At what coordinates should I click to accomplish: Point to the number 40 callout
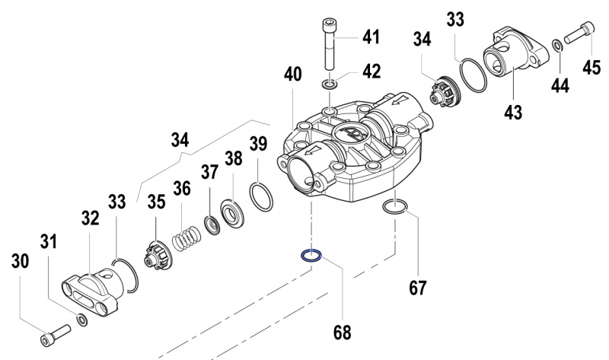[293, 75]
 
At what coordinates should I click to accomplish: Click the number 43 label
[512, 112]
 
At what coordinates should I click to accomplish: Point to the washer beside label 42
[329, 83]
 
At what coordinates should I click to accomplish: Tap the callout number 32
[90, 219]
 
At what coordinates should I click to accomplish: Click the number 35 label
[155, 202]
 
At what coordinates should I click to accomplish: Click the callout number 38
[232, 159]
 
